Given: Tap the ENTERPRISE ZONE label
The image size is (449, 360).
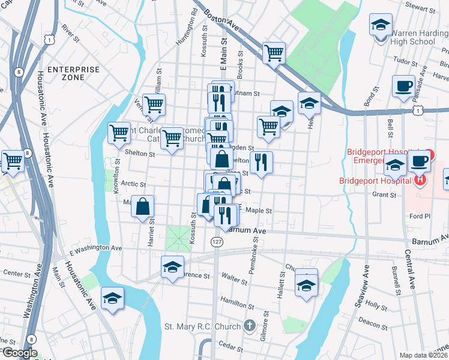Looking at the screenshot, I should click(x=73, y=74).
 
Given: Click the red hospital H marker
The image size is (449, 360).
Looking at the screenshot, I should click(x=420, y=179).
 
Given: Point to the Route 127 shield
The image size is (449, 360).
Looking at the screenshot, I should click(x=217, y=241).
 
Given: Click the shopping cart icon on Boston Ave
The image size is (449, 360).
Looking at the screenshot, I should click(x=274, y=53).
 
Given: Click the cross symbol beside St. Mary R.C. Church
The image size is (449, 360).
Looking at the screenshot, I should click(x=250, y=326).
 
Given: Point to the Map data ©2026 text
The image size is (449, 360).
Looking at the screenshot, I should click(x=423, y=355).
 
